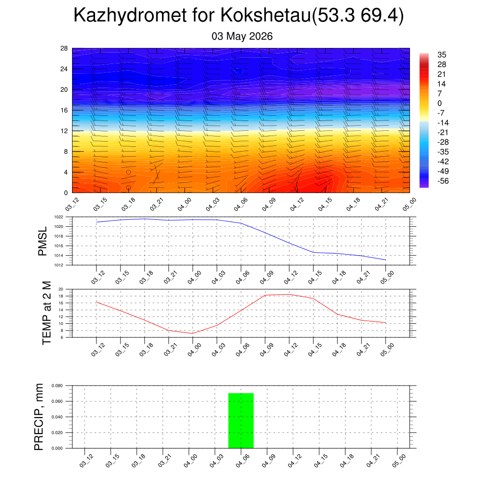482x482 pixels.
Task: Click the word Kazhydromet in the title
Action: [x=130, y=16]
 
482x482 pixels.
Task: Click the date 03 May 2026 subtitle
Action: [x=242, y=36]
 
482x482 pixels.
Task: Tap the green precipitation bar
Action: [x=241, y=420]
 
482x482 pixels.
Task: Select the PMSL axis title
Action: [x=42, y=241]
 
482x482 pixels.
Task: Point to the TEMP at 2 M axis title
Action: [x=47, y=313]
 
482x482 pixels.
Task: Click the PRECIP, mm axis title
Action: [x=39, y=417]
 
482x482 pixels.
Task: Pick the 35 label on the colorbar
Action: [x=442, y=55]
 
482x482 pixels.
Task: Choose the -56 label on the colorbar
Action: [x=443, y=181]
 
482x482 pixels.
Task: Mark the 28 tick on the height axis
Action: [x=64, y=48]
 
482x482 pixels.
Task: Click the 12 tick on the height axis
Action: [x=64, y=131]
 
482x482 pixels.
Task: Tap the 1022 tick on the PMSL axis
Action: [x=59, y=217]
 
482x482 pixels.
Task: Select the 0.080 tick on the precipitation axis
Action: [x=57, y=386]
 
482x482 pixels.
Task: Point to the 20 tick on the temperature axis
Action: [x=61, y=289]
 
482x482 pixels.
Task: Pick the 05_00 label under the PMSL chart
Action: [x=387, y=278]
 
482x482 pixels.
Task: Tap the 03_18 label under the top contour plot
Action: [x=129, y=204]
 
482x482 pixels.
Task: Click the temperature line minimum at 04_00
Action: [x=193, y=334]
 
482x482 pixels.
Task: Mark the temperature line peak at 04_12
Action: [x=289, y=295]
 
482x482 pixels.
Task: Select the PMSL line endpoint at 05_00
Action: [x=386, y=260]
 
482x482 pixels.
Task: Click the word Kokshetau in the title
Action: [x=266, y=15]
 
